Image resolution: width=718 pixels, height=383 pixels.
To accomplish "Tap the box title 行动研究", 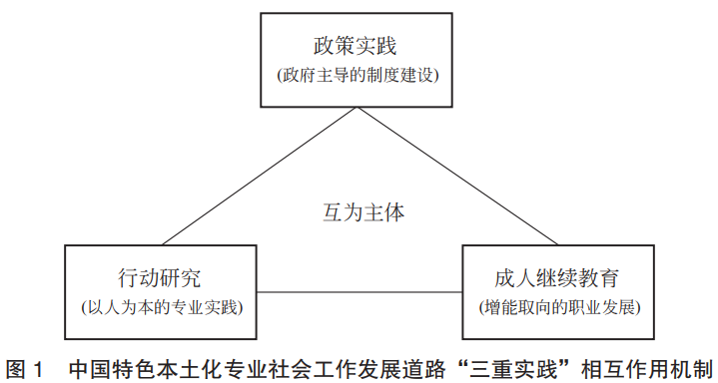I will click(164, 276).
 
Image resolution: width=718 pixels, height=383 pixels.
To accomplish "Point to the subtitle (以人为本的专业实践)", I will click(163, 305).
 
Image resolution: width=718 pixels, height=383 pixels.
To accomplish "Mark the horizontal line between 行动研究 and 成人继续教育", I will click(359, 291).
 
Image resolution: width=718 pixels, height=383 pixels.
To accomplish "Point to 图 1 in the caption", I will click(25, 367).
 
